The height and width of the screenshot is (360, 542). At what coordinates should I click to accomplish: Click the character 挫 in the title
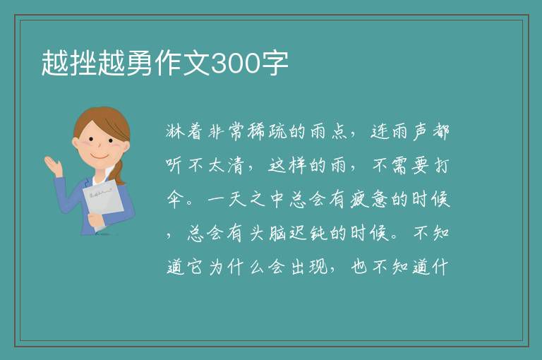[x=83, y=64]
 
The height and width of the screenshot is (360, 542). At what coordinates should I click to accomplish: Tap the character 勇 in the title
[x=139, y=64]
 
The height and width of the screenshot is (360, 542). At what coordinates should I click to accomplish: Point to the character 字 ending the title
[x=275, y=64]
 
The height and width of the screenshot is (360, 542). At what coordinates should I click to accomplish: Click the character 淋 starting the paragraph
[x=175, y=131]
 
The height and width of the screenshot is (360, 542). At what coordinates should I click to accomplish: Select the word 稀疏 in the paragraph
[x=267, y=131]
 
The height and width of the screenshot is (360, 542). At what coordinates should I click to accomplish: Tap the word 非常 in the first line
[x=226, y=131]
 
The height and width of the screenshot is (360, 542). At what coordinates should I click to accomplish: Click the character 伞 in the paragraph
[x=175, y=200]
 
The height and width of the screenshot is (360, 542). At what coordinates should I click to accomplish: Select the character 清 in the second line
[x=236, y=165]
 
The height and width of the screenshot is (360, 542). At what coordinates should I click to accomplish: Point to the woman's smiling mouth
[x=100, y=157]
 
